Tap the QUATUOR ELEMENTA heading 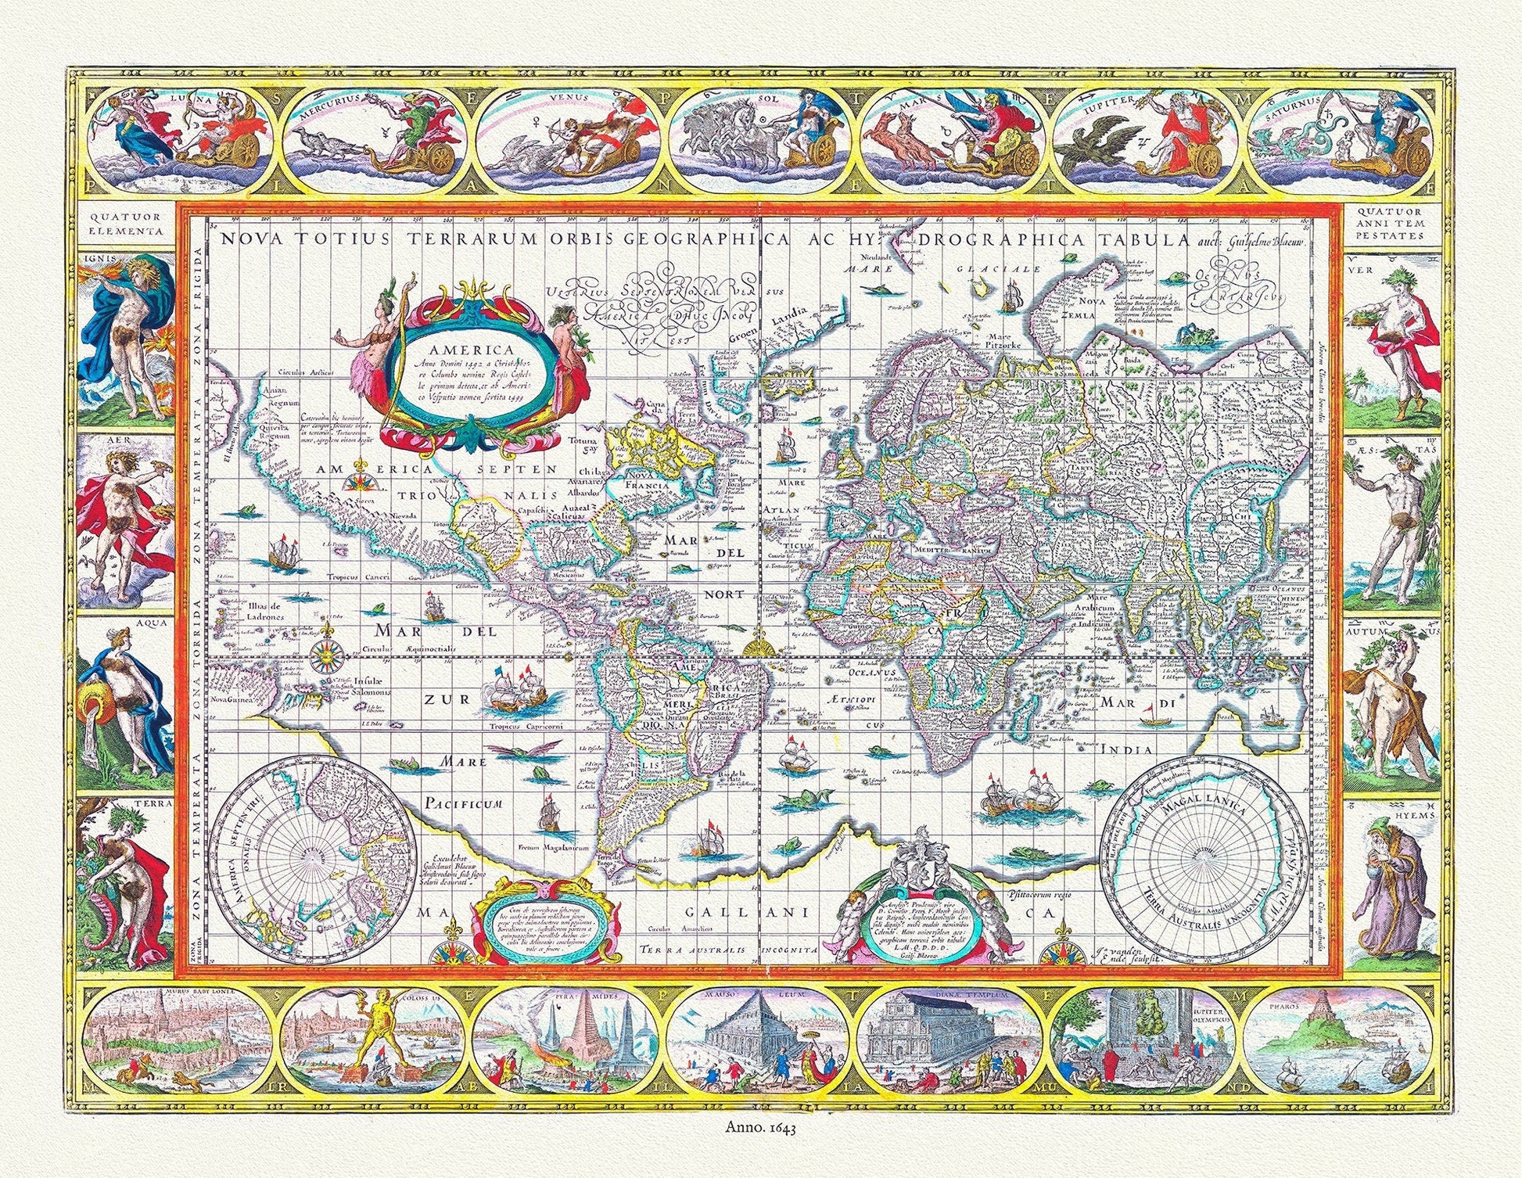(126, 224)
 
